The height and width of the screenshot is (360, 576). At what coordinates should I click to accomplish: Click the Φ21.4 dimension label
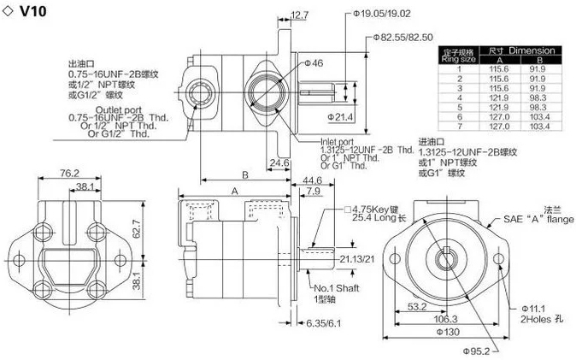tap(341, 115)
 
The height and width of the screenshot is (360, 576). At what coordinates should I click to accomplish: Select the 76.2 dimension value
tap(70, 174)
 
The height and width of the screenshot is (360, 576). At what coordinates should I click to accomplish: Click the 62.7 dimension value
tap(146, 229)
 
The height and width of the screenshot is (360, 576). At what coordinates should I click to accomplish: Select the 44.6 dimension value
tap(312, 180)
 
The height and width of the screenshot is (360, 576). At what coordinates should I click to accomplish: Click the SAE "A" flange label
tap(538, 219)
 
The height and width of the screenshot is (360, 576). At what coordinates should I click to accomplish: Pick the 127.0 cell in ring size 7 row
tap(491, 126)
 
